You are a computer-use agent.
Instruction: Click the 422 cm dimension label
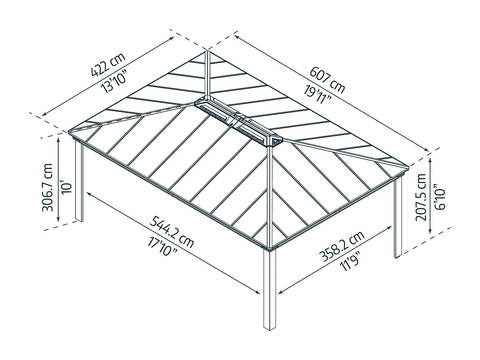[108, 65]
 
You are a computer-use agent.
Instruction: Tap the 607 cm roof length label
[327, 80]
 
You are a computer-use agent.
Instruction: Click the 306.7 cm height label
[47, 187]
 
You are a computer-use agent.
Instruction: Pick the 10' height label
[67, 187]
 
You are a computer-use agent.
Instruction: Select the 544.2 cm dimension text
[172, 232]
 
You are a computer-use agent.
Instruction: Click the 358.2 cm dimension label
[342, 246]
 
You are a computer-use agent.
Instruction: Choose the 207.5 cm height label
[421, 197]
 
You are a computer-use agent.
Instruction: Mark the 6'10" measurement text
[440, 197]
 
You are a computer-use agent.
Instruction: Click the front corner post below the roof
[270, 289]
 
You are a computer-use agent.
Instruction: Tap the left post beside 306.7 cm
[79, 181]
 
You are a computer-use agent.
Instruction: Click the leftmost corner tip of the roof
[69, 131]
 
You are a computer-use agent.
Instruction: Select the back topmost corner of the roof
[207, 52]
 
